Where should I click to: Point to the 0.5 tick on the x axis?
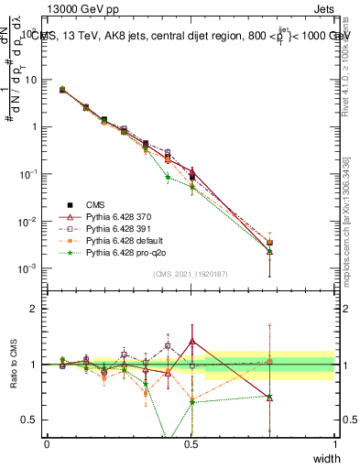point(191,443)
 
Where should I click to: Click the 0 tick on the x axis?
point(47,443)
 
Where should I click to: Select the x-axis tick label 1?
point(334,443)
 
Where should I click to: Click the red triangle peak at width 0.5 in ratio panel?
point(191,341)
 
